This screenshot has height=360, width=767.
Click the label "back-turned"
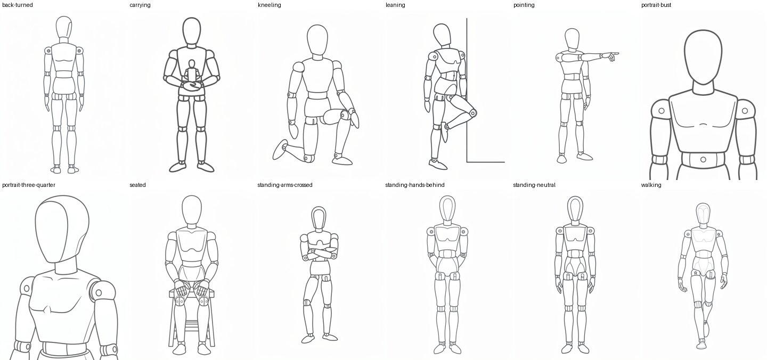(18, 5)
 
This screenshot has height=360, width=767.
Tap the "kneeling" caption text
(269, 5)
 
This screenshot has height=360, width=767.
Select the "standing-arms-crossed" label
(284, 185)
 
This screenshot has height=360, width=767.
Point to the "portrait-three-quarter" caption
(29, 185)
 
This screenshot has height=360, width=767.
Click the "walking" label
(651, 185)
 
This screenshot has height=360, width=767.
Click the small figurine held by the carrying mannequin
(192, 72)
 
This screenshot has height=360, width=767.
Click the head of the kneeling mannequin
(317, 39)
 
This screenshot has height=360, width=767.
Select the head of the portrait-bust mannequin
(703, 57)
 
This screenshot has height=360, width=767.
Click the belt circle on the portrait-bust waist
(703, 159)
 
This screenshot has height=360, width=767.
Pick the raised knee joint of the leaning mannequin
(473, 112)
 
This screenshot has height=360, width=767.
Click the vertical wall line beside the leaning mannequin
(467, 90)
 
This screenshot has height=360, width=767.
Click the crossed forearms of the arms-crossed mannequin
(319, 254)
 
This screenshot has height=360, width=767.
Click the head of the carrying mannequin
(191, 31)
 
